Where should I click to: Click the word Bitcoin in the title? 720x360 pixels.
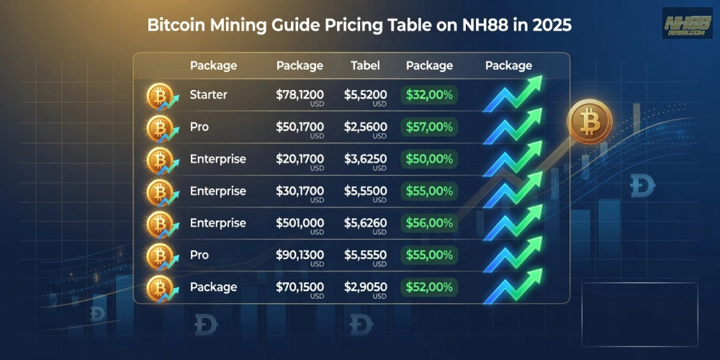tap(176, 24)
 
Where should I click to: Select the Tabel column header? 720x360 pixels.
tap(366, 66)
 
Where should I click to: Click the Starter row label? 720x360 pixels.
tap(208, 95)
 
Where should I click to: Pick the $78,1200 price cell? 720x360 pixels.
tap(300, 95)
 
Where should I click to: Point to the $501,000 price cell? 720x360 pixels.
tap(300, 223)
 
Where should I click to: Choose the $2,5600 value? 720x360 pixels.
tap(366, 127)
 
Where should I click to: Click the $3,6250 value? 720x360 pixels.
tap(366, 159)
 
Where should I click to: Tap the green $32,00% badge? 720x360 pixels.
tap(429, 95)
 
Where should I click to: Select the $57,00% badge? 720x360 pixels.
tap(429, 127)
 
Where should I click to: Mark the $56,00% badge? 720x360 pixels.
tap(429, 223)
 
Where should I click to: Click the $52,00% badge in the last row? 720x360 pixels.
tap(429, 287)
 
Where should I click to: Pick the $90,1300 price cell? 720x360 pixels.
tap(300, 256)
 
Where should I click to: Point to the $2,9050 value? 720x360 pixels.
tap(366, 287)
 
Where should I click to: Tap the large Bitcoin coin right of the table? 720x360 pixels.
tap(590, 121)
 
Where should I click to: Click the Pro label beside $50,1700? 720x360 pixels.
tap(199, 127)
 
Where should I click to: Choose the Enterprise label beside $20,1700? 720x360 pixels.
tap(217, 159)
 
